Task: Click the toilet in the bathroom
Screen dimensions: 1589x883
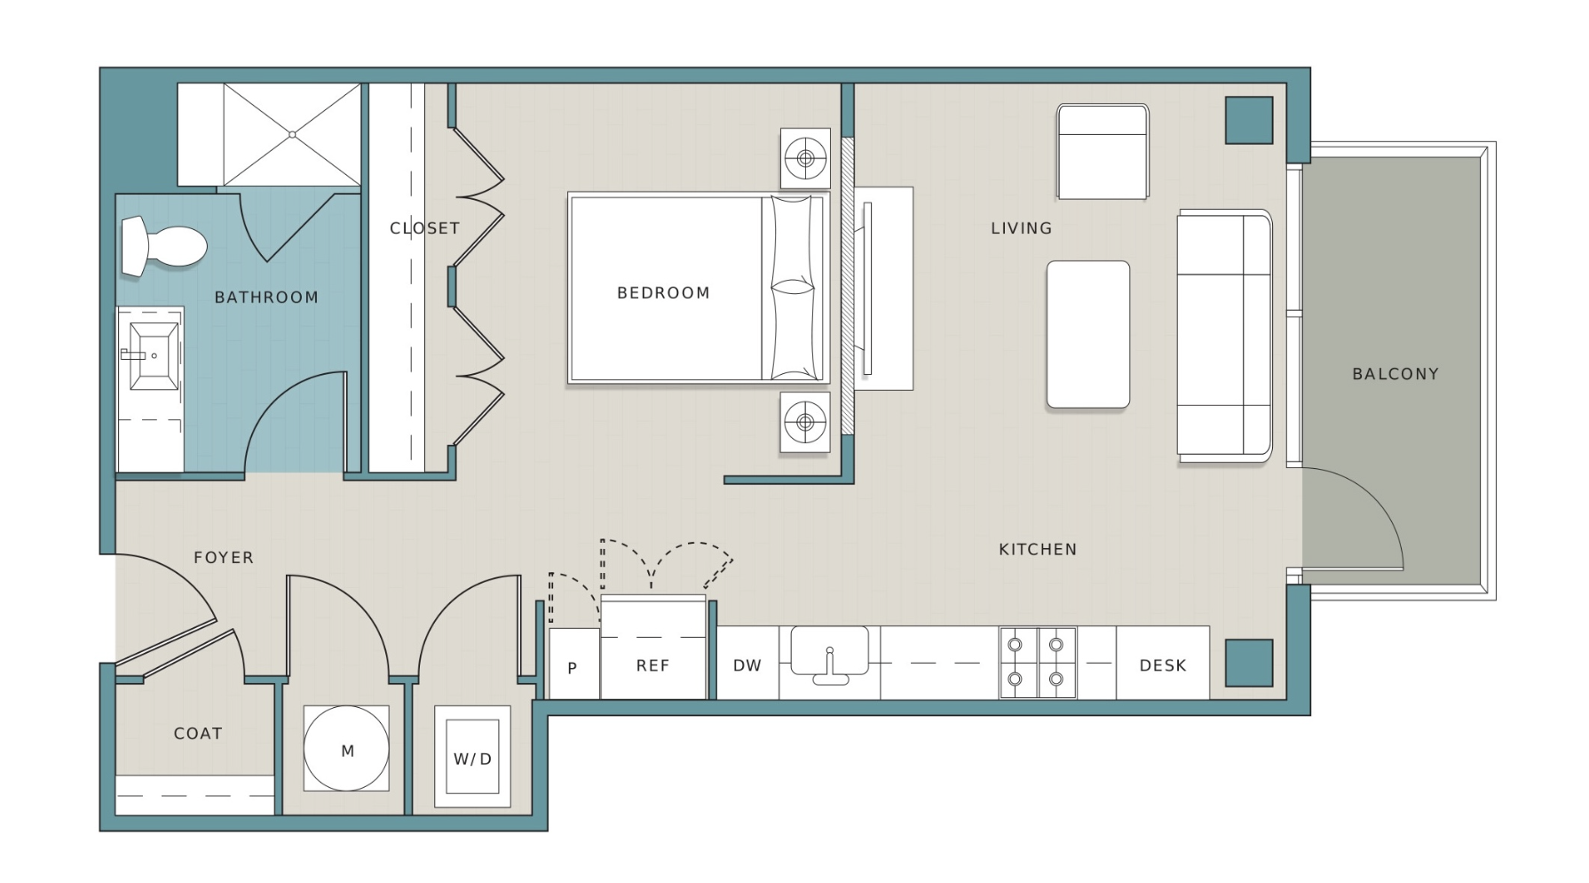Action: click(164, 245)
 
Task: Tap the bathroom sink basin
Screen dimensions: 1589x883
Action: click(154, 355)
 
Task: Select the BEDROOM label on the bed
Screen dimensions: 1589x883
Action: click(663, 292)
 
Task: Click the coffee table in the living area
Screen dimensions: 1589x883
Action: click(1088, 335)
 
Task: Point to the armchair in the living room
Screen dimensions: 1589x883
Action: click(1103, 152)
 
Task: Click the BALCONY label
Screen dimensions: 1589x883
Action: click(1395, 374)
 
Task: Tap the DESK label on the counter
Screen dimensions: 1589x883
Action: click(1163, 665)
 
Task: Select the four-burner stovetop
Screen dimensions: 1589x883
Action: click(1038, 663)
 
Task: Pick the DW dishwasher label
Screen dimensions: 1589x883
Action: click(747, 665)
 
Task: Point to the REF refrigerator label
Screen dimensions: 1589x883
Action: click(652, 665)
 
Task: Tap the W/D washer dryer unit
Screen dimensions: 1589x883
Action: click(472, 757)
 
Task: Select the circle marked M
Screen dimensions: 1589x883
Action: click(346, 749)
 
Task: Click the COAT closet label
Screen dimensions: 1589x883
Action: click(198, 734)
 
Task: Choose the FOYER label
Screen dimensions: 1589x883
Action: click(224, 558)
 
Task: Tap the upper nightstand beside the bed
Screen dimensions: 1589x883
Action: click(805, 159)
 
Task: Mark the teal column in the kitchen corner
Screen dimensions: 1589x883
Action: click(1249, 664)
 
